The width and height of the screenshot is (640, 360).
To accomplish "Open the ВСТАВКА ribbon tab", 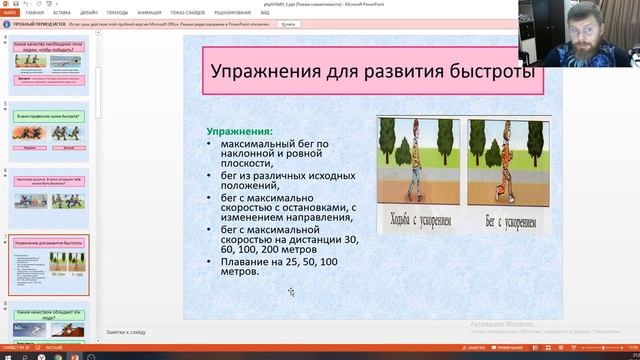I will coord(62,13).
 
